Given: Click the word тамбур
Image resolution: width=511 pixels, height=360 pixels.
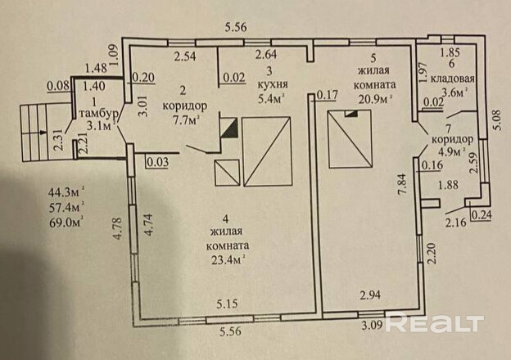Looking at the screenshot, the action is click(x=106, y=113).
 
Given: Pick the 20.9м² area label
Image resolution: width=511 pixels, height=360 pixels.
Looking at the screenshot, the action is click(x=373, y=97).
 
